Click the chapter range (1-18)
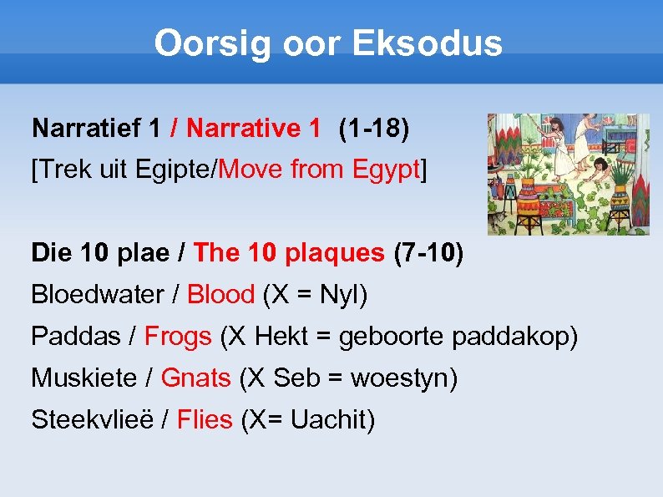(x=373, y=129)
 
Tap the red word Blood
(x=220, y=295)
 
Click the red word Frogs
(x=178, y=337)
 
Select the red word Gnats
(x=195, y=378)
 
